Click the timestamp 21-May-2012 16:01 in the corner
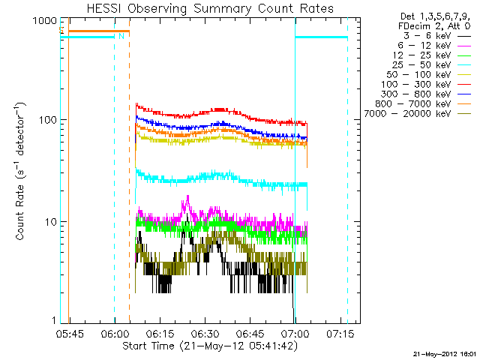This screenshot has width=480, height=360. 444,353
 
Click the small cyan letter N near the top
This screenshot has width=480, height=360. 121,35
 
